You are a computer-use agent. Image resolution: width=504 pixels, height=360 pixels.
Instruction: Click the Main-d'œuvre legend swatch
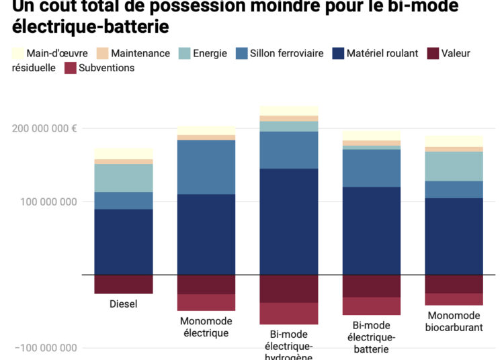19,53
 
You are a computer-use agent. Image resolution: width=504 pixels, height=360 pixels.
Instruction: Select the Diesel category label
124,304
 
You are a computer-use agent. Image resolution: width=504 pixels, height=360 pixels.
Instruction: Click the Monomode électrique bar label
206,326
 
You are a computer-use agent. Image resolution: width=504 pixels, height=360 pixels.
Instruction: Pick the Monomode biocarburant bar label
454,321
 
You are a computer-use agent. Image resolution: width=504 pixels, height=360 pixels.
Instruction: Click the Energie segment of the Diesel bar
124,178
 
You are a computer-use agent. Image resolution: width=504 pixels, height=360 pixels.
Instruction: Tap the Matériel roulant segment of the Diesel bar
124,242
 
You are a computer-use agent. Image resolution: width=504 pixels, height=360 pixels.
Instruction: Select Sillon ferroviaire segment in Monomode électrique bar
206,167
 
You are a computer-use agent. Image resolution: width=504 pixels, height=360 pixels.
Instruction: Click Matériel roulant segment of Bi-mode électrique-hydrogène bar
289,222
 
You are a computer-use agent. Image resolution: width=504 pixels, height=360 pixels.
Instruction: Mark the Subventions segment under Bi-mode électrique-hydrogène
289,314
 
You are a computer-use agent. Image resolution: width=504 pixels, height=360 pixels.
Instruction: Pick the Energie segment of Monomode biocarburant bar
454,166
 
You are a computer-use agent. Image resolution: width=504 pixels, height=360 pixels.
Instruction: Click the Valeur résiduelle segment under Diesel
124,284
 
